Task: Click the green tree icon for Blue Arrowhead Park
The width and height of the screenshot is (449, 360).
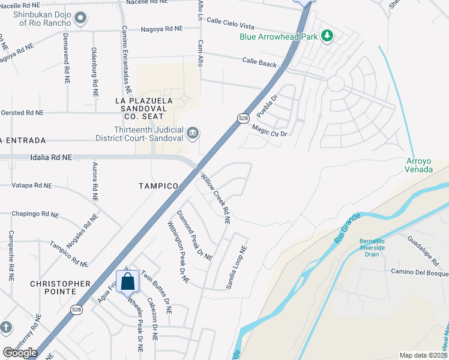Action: pyautogui.click(x=327, y=36)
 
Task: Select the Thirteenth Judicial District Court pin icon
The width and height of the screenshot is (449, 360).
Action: pyautogui.click(x=193, y=133)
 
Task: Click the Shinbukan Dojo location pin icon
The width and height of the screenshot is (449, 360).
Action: pyautogui.click(x=80, y=18)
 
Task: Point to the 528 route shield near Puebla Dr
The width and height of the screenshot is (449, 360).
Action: pyautogui.click(x=243, y=118)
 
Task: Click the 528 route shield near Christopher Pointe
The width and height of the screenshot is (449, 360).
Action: pyautogui.click(x=76, y=310)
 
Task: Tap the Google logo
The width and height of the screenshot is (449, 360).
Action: pyautogui.click(x=20, y=353)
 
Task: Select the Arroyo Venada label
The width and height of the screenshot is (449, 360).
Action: pyautogui.click(x=419, y=165)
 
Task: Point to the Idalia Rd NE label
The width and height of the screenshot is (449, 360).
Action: pyautogui.click(x=50, y=157)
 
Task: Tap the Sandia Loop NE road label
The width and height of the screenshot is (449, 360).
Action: pyautogui.click(x=237, y=268)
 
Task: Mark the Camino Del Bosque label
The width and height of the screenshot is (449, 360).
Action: pyautogui.click(x=420, y=274)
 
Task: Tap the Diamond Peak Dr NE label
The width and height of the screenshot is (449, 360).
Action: pyautogui.click(x=194, y=235)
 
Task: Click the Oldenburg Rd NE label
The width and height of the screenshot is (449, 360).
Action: pyautogui.click(x=94, y=73)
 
